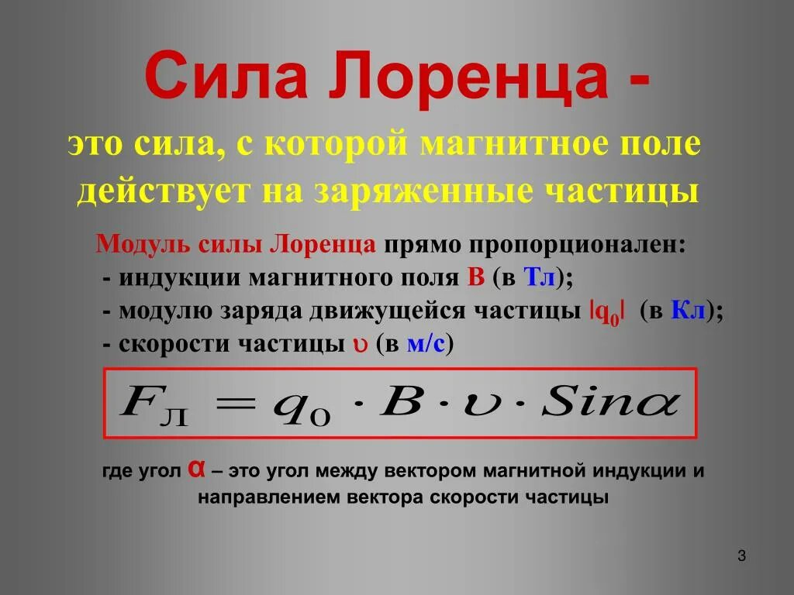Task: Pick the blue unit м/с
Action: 426,344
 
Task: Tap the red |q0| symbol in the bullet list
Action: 608,311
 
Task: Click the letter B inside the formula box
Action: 402,402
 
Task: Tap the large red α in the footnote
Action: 196,469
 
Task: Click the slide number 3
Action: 741,555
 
